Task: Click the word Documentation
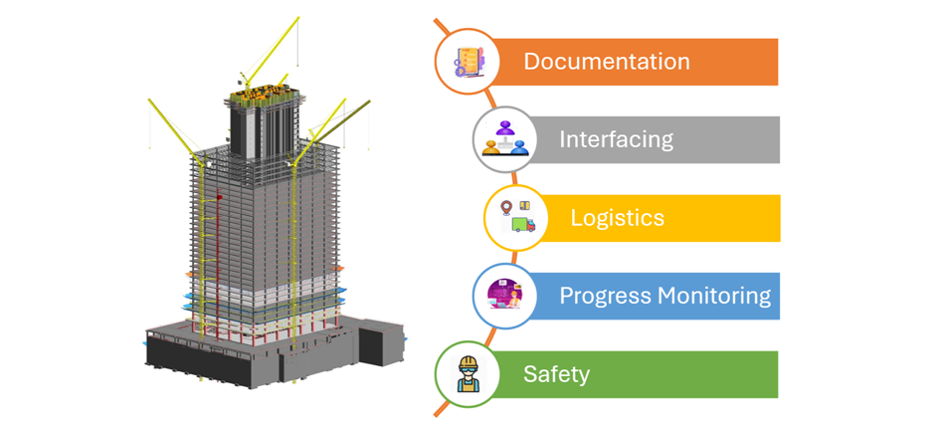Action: coord(606,62)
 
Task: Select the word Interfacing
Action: coord(616,139)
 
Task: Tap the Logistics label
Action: coord(617,218)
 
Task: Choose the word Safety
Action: coord(556,374)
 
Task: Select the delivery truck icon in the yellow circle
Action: coord(517,218)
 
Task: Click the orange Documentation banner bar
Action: coord(736,62)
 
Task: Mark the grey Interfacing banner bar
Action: coord(736,139)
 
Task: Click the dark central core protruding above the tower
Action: coord(265,129)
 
